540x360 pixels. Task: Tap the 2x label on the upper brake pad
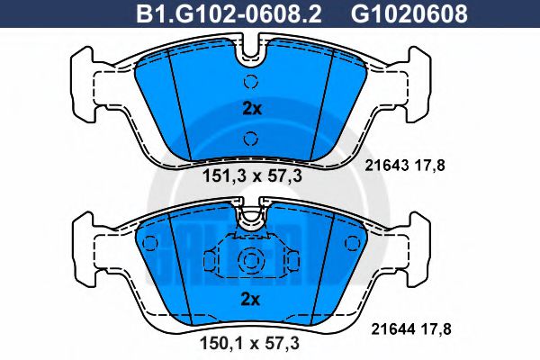coord(252,109)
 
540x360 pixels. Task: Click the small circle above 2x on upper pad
coord(252,81)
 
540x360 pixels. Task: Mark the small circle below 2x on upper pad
coord(252,138)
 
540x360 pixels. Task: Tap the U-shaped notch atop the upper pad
coord(252,54)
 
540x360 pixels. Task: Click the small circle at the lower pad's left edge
coord(150,241)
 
